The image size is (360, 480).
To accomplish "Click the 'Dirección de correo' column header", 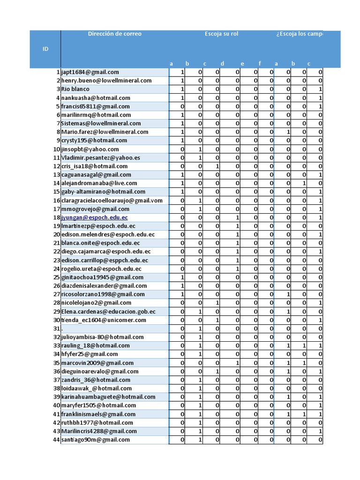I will click(114, 34).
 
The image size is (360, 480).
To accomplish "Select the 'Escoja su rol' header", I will click(221, 34).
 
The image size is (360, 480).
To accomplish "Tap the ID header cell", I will click(45, 49).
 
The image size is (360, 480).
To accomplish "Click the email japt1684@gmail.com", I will click(90, 72).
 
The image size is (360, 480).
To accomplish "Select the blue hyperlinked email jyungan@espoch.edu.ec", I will click(95, 217).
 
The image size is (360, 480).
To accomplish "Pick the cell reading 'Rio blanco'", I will click(75, 89).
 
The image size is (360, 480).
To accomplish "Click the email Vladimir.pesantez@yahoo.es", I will click(101, 157).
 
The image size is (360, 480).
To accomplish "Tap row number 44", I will click(57, 440).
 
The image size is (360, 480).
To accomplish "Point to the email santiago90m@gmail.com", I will click(96, 440).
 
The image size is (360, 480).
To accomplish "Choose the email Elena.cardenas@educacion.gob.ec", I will click(108, 312).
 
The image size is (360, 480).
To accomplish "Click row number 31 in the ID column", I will click(57, 329).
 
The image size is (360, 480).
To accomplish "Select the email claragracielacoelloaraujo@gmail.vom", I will click(112, 200).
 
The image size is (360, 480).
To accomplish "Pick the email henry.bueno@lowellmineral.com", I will click(106, 81).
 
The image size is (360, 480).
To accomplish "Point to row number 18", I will click(57, 217).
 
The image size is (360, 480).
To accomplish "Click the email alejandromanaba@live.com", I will click(99, 183).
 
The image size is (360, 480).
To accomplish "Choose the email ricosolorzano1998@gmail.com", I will click(103, 294).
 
